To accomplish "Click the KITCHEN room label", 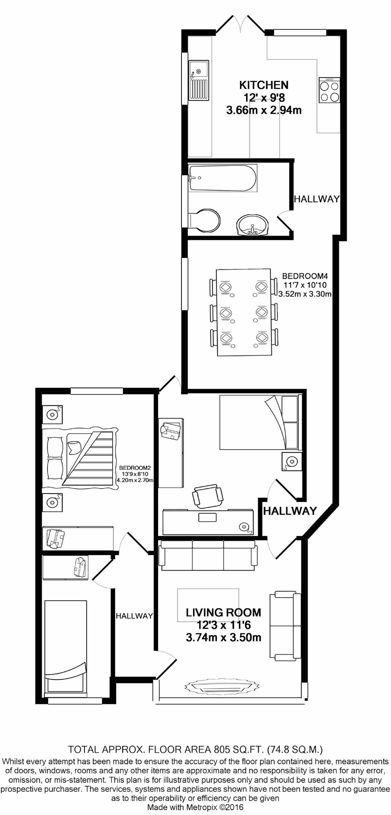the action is pyautogui.click(x=264, y=85).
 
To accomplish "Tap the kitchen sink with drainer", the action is pyautogui.click(x=199, y=80).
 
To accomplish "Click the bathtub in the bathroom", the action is pyautogui.click(x=222, y=178).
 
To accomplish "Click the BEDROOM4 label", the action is pyautogui.click(x=305, y=276).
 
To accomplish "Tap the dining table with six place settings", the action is pyautogui.click(x=244, y=312).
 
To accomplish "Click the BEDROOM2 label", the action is pyautogui.click(x=135, y=468).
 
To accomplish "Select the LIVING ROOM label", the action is pyautogui.click(x=223, y=613).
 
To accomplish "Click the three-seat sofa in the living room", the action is pyautogui.click(x=208, y=556).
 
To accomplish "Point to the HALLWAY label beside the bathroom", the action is pyautogui.click(x=317, y=199).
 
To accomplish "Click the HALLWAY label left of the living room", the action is pyautogui.click(x=134, y=616).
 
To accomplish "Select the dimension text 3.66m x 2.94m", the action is pyautogui.click(x=264, y=110).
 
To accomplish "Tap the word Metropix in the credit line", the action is pyautogui.click(x=201, y=807).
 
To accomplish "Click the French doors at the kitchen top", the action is pyautogui.click(x=241, y=25).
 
